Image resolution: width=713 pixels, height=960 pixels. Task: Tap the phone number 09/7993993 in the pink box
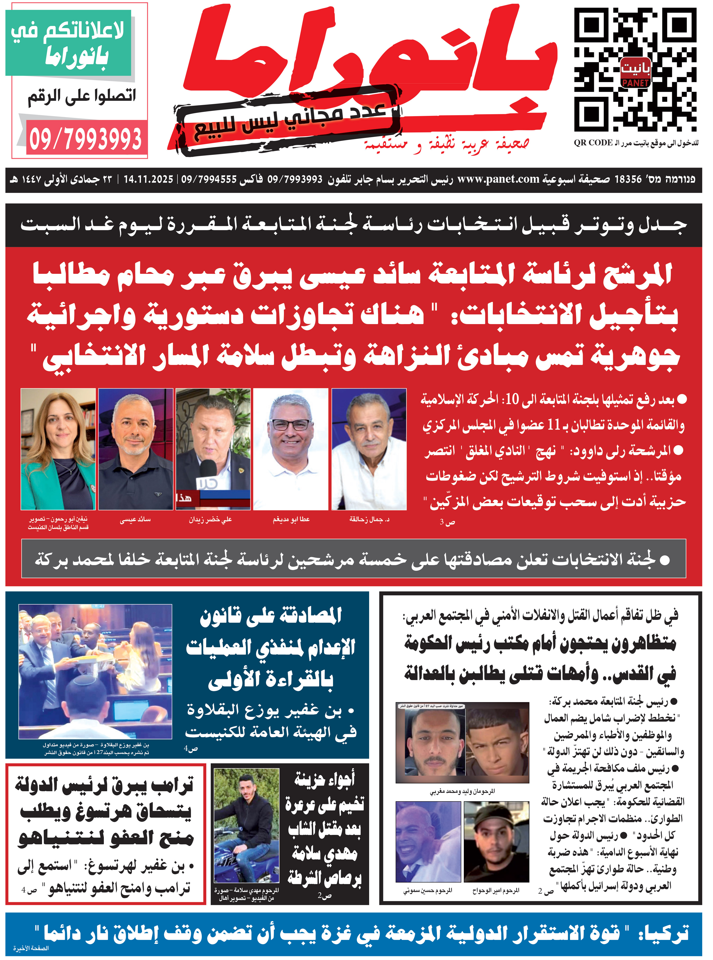86,139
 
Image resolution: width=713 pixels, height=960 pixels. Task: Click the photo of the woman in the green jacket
58,449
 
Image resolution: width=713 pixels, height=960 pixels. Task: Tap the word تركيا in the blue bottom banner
665,933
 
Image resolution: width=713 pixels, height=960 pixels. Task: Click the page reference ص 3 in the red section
447,522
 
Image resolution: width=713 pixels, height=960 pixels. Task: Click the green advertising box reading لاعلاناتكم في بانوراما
68,43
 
